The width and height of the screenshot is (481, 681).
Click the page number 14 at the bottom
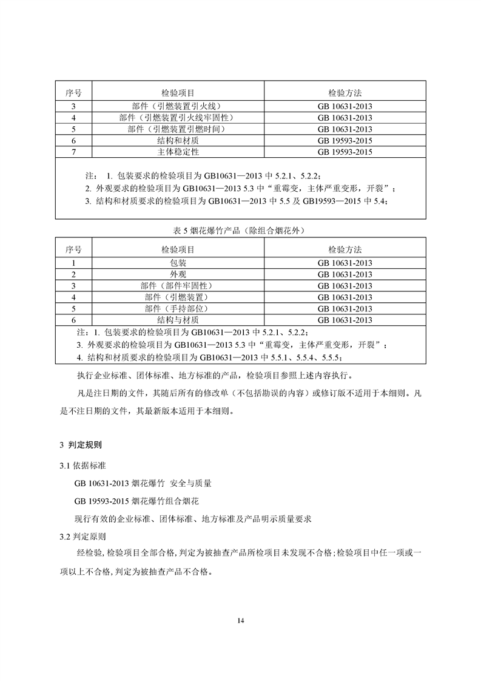(241, 620)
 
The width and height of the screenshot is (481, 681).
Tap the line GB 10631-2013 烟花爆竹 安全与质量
(143, 484)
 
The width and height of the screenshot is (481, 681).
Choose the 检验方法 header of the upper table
(345, 93)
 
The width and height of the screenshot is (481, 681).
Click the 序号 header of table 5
(73, 249)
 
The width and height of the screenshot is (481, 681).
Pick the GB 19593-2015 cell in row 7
(345, 152)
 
